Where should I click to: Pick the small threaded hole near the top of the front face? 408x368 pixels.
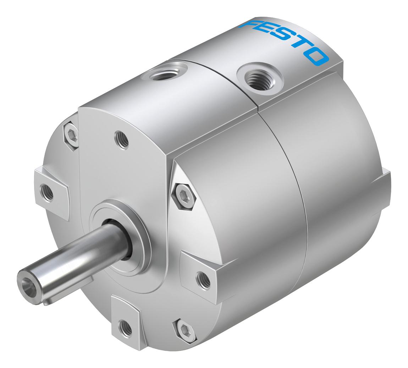pyautogui.click(x=122, y=140)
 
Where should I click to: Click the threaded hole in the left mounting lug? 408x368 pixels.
pyautogui.click(x=47, y=192)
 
